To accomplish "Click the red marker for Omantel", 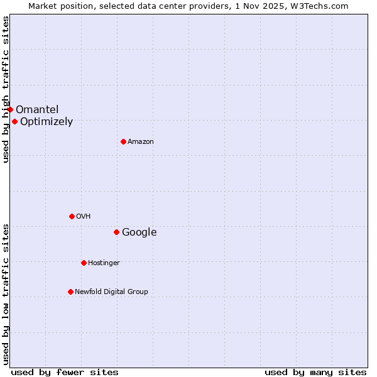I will [x=10, y=109].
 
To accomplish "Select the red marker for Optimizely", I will [x=14, y=121].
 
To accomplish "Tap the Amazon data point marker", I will [x=123, y=141].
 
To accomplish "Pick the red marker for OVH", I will [x=72, y=216].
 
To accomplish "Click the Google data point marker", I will [x=116, y=232].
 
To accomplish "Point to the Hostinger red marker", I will [x=84, y=263].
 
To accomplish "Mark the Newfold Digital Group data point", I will [x=70, y=292].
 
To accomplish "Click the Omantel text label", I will [x=37, y=110].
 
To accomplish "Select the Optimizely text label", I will [x=46, y=122].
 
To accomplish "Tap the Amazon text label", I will [x=141, y=142].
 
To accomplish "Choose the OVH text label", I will [x=84, y=217].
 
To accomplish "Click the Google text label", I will [x=139, y=232].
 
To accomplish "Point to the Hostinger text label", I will [x=104, y=263].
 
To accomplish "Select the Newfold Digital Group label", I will [x=111, y=292].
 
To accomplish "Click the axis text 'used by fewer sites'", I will [x=65, y=373].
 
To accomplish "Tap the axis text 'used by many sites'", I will [x=315, y=373].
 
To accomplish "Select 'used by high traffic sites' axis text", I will [x=6, y=89].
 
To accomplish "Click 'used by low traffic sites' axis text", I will [x=6, y=293].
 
